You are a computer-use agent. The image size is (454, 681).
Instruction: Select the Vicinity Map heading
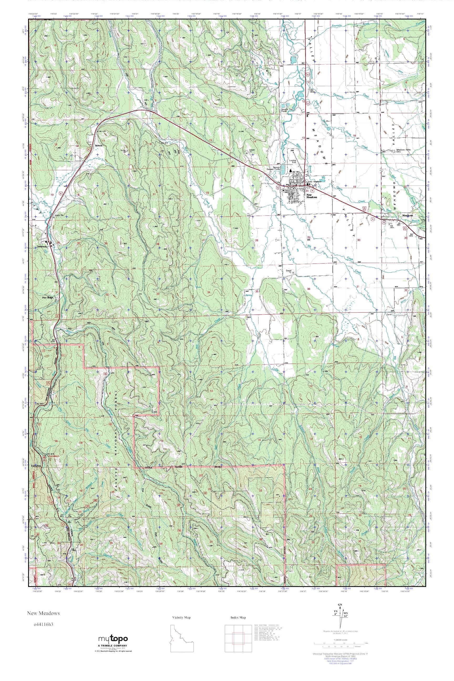(181, 618)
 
